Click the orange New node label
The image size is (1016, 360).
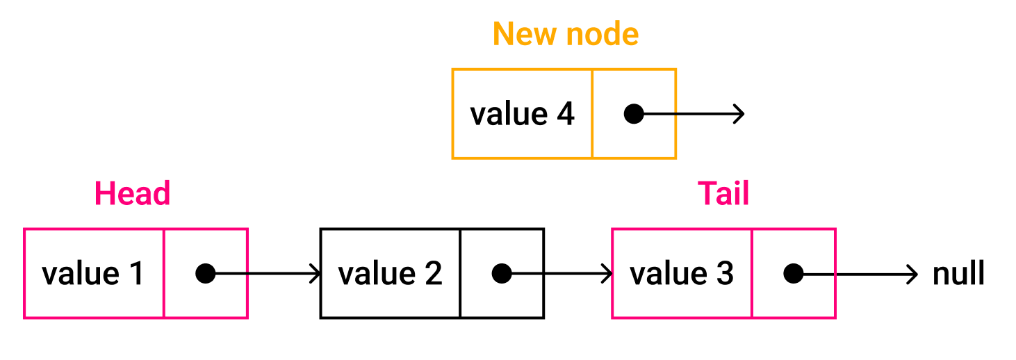pos(566,34)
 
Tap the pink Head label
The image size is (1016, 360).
pos(132,193)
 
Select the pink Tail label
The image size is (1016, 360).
pos(723,193)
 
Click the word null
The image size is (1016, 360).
pos(958,274)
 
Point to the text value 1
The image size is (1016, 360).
pos(92,274)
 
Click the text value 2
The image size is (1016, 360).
pos(390,274)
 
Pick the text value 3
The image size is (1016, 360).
pos(682,274)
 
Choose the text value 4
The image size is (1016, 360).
pos(522,114)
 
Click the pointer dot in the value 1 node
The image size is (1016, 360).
pos(205,274)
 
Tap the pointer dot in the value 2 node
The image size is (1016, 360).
pos(502,274)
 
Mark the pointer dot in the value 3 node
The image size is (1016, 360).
pos(794,274)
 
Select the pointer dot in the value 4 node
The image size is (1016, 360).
pos(634,114)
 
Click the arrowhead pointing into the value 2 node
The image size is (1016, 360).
pos(315,274)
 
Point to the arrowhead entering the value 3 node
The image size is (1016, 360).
pos(607,274)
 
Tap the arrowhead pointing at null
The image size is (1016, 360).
pos(913,274)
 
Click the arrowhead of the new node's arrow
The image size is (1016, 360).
pos(739,114)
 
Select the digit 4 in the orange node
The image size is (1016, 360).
pos(565,114)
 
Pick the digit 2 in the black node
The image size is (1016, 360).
pos(433,274)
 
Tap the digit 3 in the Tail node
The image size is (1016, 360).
pos(725,274)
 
